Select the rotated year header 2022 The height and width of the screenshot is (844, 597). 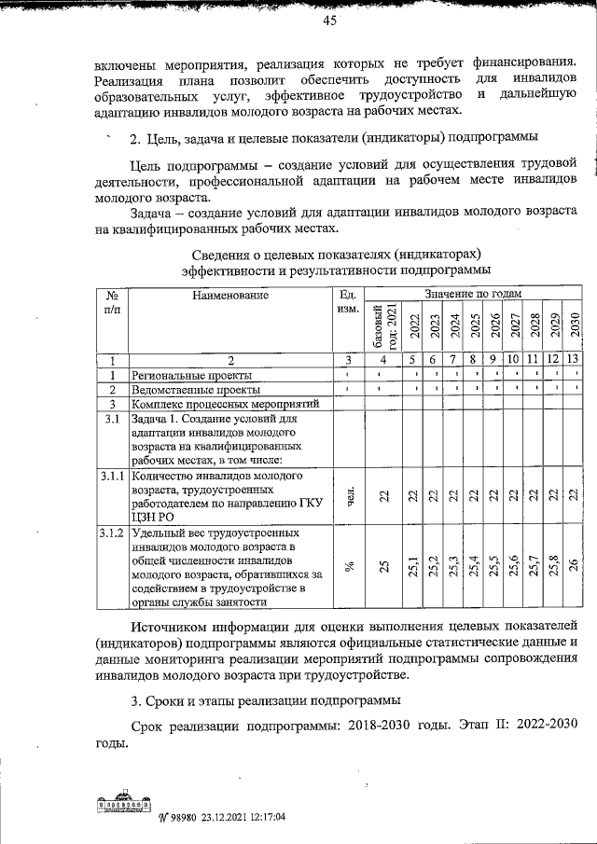413,325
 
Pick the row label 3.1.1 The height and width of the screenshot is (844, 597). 112,477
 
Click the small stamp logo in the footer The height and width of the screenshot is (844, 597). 121,805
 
